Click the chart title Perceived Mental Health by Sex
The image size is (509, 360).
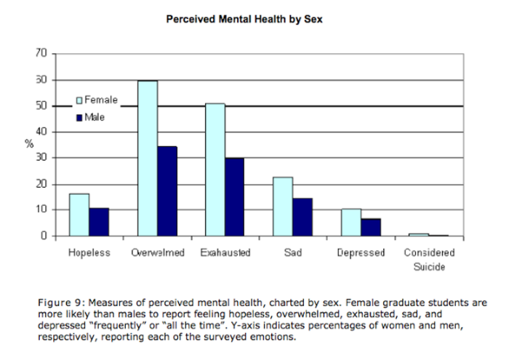point(244,20)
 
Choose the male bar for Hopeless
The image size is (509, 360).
point(99,222)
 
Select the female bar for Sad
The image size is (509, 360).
point(283,207)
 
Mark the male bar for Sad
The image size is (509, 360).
point(302,217)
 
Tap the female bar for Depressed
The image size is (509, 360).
point(351,223)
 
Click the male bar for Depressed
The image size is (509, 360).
point(370,227)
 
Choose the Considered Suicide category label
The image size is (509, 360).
point(429,260)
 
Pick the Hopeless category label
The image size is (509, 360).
point(89,253)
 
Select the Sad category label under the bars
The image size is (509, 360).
point(293,253)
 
